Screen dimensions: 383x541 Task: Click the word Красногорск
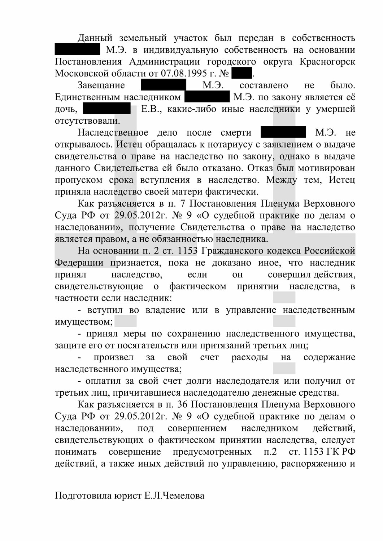pos(327,62)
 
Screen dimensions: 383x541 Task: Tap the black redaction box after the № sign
pos(241,73)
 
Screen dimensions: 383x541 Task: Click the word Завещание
pos(101,85)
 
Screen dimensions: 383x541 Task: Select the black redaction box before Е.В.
pos(106,109)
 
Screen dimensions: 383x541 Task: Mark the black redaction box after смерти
pos(283,132)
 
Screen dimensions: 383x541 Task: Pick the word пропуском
pos(76,180)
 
